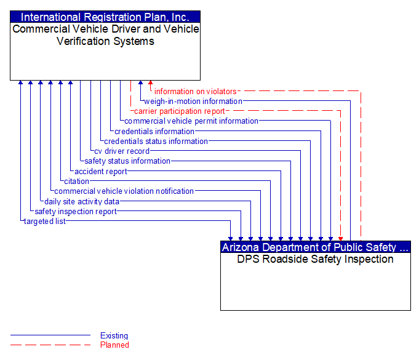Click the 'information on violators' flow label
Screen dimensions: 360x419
tap(195, 92)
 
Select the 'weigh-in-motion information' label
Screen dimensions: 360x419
tap(193, 102)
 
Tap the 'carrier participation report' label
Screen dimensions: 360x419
tap(180, 111)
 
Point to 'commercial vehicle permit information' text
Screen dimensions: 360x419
tap(191, 121)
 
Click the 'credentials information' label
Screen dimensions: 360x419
tap(154, 131)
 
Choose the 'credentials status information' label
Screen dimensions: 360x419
tap(156, 141)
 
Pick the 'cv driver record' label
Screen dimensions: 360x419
tap(122, 151)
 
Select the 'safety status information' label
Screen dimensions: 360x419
tap(127, 161)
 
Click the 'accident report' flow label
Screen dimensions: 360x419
tap(101, 171)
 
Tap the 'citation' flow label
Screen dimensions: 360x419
tap(76, 181)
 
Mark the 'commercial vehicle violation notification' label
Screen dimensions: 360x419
tap(124, 191)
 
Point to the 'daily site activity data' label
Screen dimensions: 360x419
tap(82, 201)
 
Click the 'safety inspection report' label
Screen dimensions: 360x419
tap(76, 211)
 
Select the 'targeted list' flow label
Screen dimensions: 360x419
tap(44, 221)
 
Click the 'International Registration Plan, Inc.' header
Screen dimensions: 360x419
tap(105, 17)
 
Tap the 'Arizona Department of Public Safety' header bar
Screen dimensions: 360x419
tap(315, 247)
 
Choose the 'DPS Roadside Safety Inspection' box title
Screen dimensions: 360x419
tap(315, 259)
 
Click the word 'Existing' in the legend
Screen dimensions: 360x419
tap(114, 336)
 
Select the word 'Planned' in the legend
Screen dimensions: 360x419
tap(114, 345)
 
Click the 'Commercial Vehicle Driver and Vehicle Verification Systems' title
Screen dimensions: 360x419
tap(105, 35)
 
